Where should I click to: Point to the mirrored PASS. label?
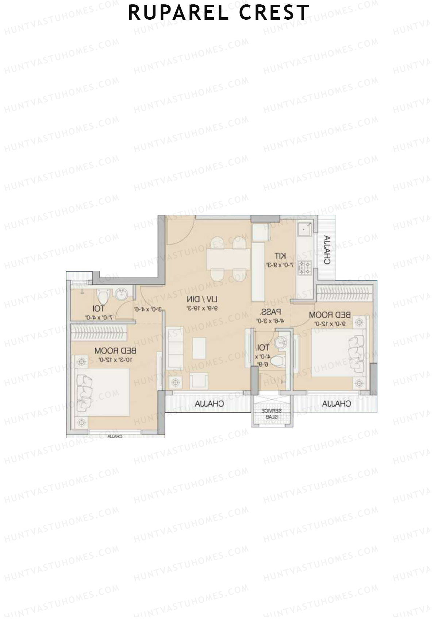tap(270, 313)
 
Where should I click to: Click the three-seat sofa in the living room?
tap(174, 348)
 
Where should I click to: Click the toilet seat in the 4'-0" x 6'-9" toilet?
tap(278, 361)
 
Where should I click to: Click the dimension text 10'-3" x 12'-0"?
tap(115, 360)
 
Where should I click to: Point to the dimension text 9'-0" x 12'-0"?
tap(330, 324)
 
